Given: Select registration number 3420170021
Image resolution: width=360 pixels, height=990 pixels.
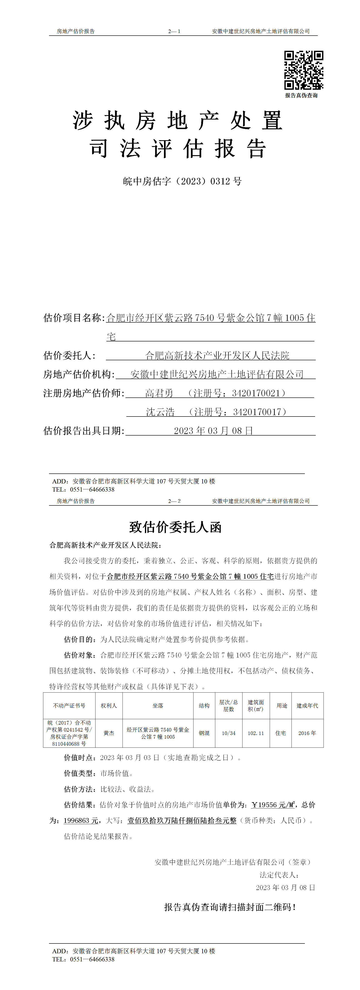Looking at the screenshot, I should [x=256, y=393].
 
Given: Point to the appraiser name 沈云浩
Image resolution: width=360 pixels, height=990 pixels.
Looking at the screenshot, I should [x=160, y=412].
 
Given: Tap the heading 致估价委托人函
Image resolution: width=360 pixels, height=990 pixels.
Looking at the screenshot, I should [x=175, y=527].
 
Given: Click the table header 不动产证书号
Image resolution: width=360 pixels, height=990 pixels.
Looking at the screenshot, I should [x=69, y=706].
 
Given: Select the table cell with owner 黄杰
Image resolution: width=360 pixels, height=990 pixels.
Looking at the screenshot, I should [x=109, y=733].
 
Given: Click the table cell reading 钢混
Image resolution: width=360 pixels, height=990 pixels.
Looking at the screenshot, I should [x=204, y=733].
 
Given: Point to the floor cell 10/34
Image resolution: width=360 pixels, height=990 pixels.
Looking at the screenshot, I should [x=229, y=733].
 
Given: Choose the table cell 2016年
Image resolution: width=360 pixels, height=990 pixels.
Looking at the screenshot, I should [x=307, y=733].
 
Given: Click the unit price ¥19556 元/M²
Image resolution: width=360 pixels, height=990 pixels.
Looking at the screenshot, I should [x=273, y=805].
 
